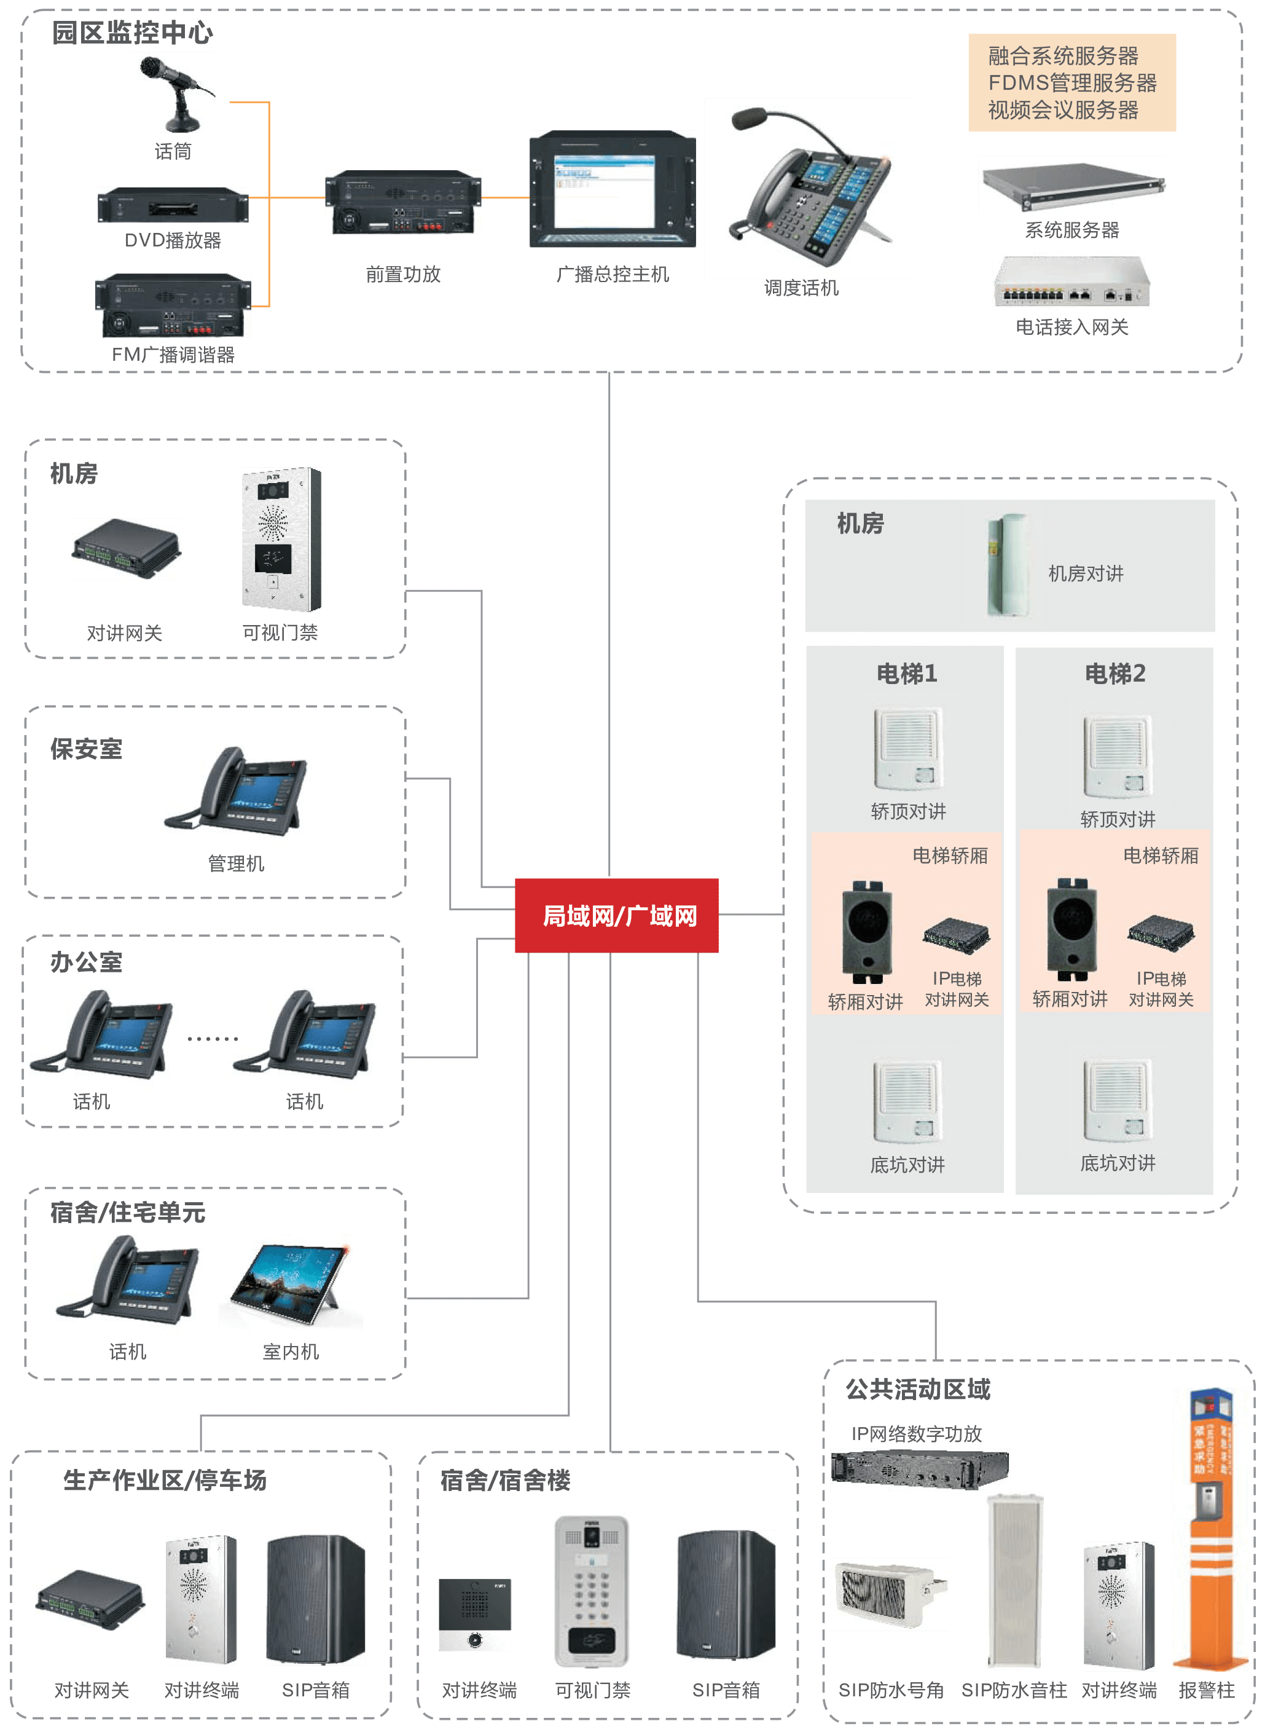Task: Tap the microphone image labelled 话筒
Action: pyautogui.click(x=173, y=94)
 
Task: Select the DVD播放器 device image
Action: pyautogui.click(x=173, y=205)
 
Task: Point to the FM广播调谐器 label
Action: pyautogui.click(x=173, y=355)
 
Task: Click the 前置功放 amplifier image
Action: pyautogui.click(x=403, y=202)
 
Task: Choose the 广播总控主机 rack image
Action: pyautogui.click(x=613, y=189)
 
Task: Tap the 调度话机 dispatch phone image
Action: pyautogui.click(x=807, y=188)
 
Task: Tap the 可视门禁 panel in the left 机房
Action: pyautogui.click(x=282, y=540)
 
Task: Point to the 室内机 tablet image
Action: pyautogui.click(x=291, y=1282)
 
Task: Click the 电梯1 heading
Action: pyautogui.click(x=907, y=674)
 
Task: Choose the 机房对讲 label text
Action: pyautogui.click(x=1086, y=573)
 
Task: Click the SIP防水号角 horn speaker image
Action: pyautogui.click(x=891, y=1593)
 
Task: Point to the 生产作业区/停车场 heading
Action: pyautogui.click(x=165, y=1480)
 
